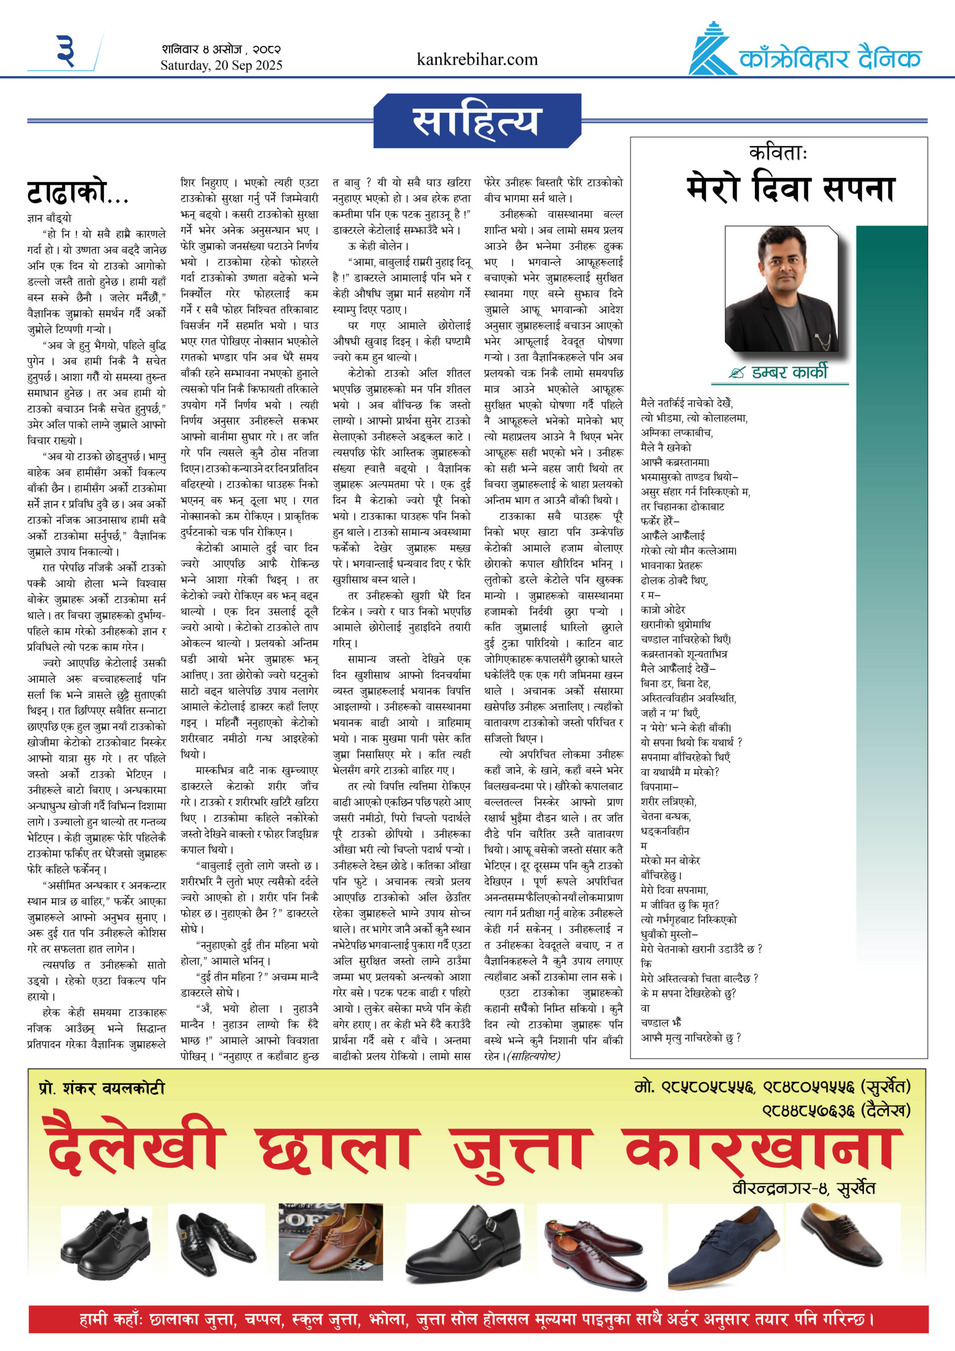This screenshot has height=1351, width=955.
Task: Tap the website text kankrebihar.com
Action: (476, 60)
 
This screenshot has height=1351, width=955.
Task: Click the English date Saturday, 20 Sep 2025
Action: (221, 65)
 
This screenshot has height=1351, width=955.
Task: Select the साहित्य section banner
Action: (475, 121)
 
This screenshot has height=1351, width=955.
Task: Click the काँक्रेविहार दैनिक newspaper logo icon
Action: (712, 50)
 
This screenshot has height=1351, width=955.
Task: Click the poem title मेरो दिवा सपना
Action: (790, 189)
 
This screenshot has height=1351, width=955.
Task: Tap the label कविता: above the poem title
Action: (778, 153)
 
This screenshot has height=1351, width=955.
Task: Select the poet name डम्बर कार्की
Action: (789, 373)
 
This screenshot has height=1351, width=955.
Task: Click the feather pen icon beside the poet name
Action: (736, 373)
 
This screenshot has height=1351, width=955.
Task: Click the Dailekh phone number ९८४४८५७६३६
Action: (808, 1111)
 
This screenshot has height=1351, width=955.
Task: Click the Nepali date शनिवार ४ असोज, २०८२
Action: (221, 50)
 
